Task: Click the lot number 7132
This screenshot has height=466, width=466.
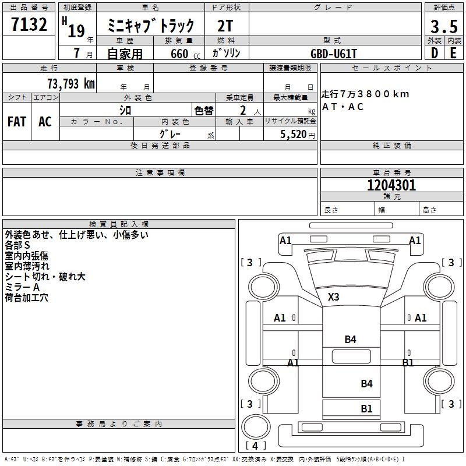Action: (x=29, y=24)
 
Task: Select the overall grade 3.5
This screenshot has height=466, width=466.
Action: (x=444, y=26)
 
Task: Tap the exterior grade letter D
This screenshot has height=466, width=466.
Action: (x=435, y=53)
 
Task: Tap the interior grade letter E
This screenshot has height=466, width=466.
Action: (x=453, y=53)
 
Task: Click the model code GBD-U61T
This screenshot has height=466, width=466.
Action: (x=333, y=54)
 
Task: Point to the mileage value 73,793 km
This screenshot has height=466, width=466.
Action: (x=71, y=83)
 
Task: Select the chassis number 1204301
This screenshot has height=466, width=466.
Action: (x=391, y=185)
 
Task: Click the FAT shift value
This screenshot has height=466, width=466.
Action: (x=17, y=122)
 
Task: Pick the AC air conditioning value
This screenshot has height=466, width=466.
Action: (x=45, y=122)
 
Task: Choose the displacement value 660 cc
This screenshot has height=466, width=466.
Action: (x=185, y=54)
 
